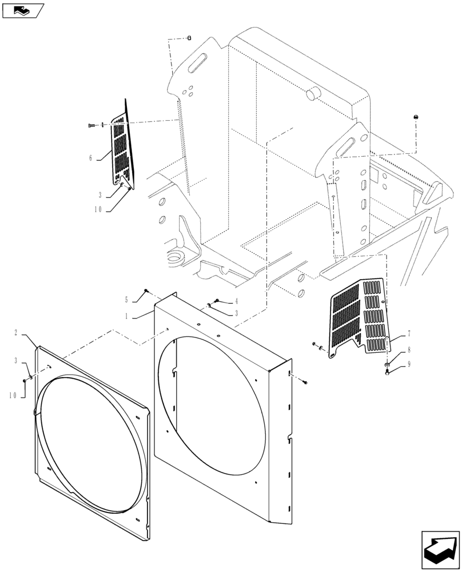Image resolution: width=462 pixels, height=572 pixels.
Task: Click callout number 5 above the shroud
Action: click(128, 299)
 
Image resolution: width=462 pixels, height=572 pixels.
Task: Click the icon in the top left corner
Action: click(23, 9)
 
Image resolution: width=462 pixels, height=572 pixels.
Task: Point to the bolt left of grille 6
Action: click(92, 125)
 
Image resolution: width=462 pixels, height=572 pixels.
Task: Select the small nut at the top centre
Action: click(189, 38)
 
